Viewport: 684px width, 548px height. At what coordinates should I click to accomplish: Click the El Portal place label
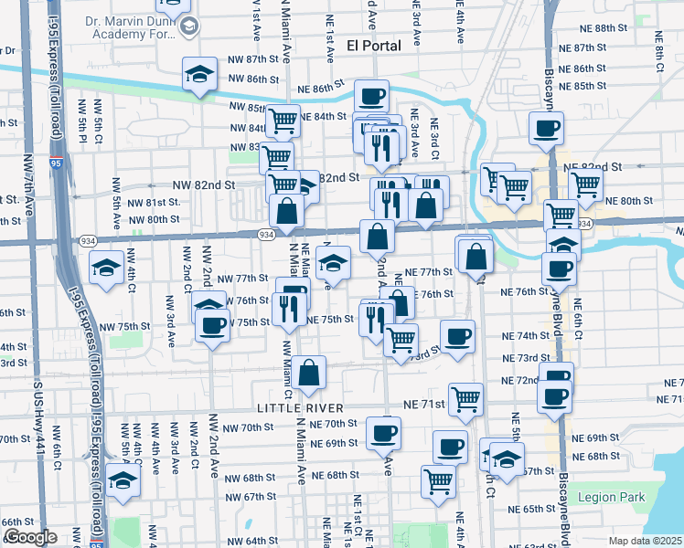tap(374, 46)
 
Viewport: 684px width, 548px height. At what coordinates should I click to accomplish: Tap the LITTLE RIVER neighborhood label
tap(300, 407)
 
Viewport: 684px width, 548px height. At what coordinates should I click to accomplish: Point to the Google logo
tap(29, 537)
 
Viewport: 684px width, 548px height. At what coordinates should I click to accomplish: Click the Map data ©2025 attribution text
tap(645, 541)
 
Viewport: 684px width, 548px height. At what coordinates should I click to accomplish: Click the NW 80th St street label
tap(154, 219)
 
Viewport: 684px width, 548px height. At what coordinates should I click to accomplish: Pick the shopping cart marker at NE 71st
tap(466, 398)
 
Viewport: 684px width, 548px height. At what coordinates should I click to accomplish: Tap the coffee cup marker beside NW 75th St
tap(212, 325)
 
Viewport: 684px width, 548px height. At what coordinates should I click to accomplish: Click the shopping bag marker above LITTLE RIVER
tap(310, 373)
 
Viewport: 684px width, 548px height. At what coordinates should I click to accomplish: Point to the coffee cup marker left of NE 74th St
tap(457, 335)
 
